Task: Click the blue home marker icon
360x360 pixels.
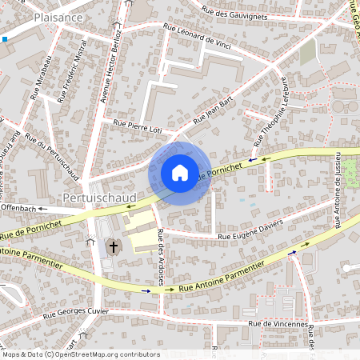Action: coord(180,172)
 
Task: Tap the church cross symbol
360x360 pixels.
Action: coord(114,246)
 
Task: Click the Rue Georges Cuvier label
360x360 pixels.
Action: coord(76,310)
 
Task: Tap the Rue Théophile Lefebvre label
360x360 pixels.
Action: coord(271,110)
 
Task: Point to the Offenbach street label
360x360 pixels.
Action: coord(21,208)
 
